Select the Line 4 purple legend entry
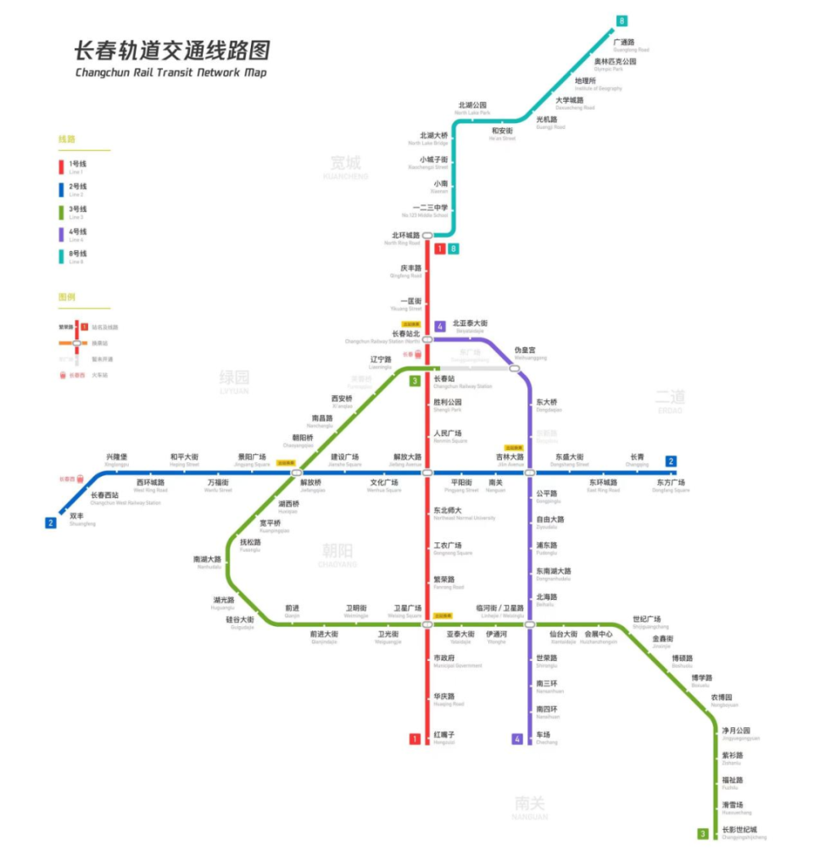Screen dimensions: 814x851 coord(73,234)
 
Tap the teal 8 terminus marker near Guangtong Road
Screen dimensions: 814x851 coord(622,21)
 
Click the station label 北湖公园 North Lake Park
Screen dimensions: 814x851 coord(472,108)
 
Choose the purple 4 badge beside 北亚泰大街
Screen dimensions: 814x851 coord(439,327)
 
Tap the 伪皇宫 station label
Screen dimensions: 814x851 coord(526,352)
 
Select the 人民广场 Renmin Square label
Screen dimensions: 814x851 coord(448,436)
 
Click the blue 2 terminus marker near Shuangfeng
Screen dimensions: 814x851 coord(51,523)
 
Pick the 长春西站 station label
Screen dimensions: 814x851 coord(105,497)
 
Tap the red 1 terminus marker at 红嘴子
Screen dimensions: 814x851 coord(415,739)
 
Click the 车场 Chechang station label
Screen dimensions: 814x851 coord(544,737)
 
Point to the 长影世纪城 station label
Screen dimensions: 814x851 coord(739,831)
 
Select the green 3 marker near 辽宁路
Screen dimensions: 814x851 coord(415,381)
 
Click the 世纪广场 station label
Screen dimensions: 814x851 coord(646,622)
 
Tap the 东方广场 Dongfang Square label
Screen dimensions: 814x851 coord(670,485)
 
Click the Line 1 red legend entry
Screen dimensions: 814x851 coord(73,166)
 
